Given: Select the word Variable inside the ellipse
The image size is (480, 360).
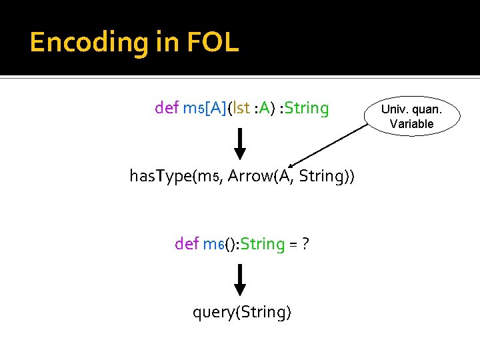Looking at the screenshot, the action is click(411, 123).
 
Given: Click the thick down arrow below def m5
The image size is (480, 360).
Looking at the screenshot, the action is click(240, 144).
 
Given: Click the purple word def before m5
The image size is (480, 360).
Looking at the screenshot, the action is click(167, 108).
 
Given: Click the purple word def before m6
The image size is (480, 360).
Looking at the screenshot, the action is click(186, 244).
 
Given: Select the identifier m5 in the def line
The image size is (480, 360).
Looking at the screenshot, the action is click(193, 109).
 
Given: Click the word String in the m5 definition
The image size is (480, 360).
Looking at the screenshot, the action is click(307, 108).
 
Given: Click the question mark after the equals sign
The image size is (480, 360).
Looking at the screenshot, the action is click(304, 244).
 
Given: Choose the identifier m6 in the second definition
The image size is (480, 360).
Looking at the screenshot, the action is click(212, 245).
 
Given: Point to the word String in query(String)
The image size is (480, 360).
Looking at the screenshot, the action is click(261, 312).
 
